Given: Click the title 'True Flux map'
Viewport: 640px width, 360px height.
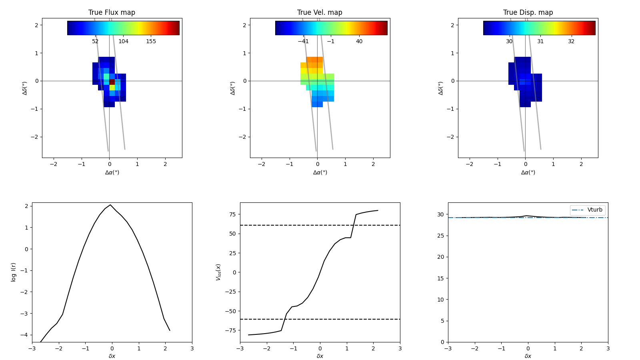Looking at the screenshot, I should pyautogui.click(x=112, y=12).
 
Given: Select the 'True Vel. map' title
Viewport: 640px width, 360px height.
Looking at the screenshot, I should pyautogui.click(x=320, y=12).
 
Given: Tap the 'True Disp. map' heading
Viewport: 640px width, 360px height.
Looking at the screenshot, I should pyautogui.click(x=528, y=12).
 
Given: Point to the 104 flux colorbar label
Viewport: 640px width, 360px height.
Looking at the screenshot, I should pyautogui.click(x=123, y=41).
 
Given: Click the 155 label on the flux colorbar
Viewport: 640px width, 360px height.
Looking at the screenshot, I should pyautogui.click(x=151, y=41).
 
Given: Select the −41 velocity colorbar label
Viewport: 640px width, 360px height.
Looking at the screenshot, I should pyautogui.click(x=303, y=41).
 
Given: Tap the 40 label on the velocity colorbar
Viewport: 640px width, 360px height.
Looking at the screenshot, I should pyautogui.click(x=359, y=41).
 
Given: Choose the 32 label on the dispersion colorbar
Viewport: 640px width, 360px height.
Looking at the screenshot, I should pyautogui.click(x=571, y=41).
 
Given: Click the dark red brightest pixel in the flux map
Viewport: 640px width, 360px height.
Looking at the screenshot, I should pyautogui.click(x=112, y=82).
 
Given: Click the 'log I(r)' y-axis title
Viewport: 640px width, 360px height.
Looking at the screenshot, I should pyautogui.click(x=14, y=272).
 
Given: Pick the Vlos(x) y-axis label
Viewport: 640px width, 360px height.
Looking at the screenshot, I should pyautogui.click(x=218, y=272).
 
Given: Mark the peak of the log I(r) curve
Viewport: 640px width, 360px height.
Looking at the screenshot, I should pyautogui.click(x=110, y=205).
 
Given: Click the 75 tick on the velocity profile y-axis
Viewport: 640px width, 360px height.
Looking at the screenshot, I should pyautogui.click(x=232, y=214).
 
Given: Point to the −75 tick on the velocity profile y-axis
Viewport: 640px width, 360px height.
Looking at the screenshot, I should pyautogui.click(x=231, y=330).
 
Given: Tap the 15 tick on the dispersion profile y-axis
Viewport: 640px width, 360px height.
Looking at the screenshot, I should pyautogui.click(x=440, y=278).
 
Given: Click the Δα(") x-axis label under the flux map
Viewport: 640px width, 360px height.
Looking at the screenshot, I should pyautogui.click(x=112, y=172).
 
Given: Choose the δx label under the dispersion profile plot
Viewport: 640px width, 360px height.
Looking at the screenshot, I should pyautogui.click(x=528, y=356).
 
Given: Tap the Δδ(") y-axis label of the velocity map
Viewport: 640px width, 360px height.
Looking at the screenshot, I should pyautogui.click(x=233, y=88).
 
